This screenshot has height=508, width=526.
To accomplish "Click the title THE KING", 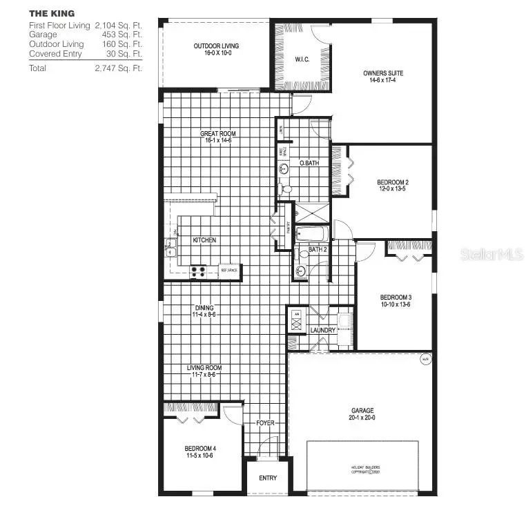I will [x=52, y=13].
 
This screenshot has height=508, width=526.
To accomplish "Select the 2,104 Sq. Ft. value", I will [x=119, y=25].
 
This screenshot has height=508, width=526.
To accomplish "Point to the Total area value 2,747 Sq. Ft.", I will [x=119, y=68].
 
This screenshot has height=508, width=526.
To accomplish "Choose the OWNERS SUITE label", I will [x=383, y=72].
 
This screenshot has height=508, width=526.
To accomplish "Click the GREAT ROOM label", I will [x=217, y=133].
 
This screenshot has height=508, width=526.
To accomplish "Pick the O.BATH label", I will [x=309, y=163].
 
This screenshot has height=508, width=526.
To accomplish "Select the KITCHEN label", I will [x=204, y=240].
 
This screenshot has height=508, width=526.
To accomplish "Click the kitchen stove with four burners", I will [x=198, y=271].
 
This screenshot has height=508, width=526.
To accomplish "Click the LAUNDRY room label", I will [x=322, y=330].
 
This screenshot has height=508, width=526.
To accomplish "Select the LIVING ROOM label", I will [x=204, y=368].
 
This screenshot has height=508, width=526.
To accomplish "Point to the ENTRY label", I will [x=268, y=478].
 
